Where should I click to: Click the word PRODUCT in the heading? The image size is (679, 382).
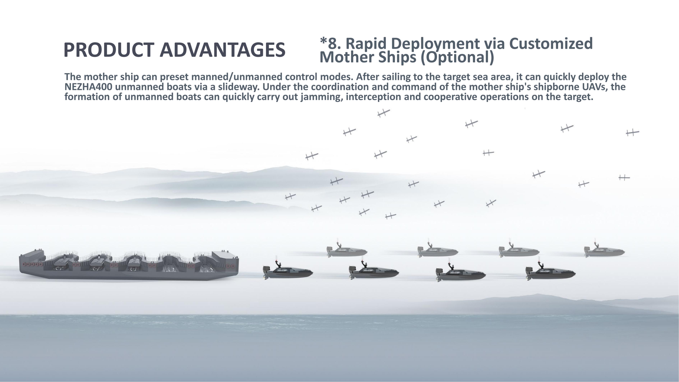(109, 50)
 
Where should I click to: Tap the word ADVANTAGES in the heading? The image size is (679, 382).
(222, 50)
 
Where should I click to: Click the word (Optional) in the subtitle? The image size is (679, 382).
(457, 57)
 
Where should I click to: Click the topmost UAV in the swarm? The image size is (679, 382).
(384, 113)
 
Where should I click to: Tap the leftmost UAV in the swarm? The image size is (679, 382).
(290, 197)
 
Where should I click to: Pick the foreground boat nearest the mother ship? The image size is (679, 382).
(288, 270)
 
